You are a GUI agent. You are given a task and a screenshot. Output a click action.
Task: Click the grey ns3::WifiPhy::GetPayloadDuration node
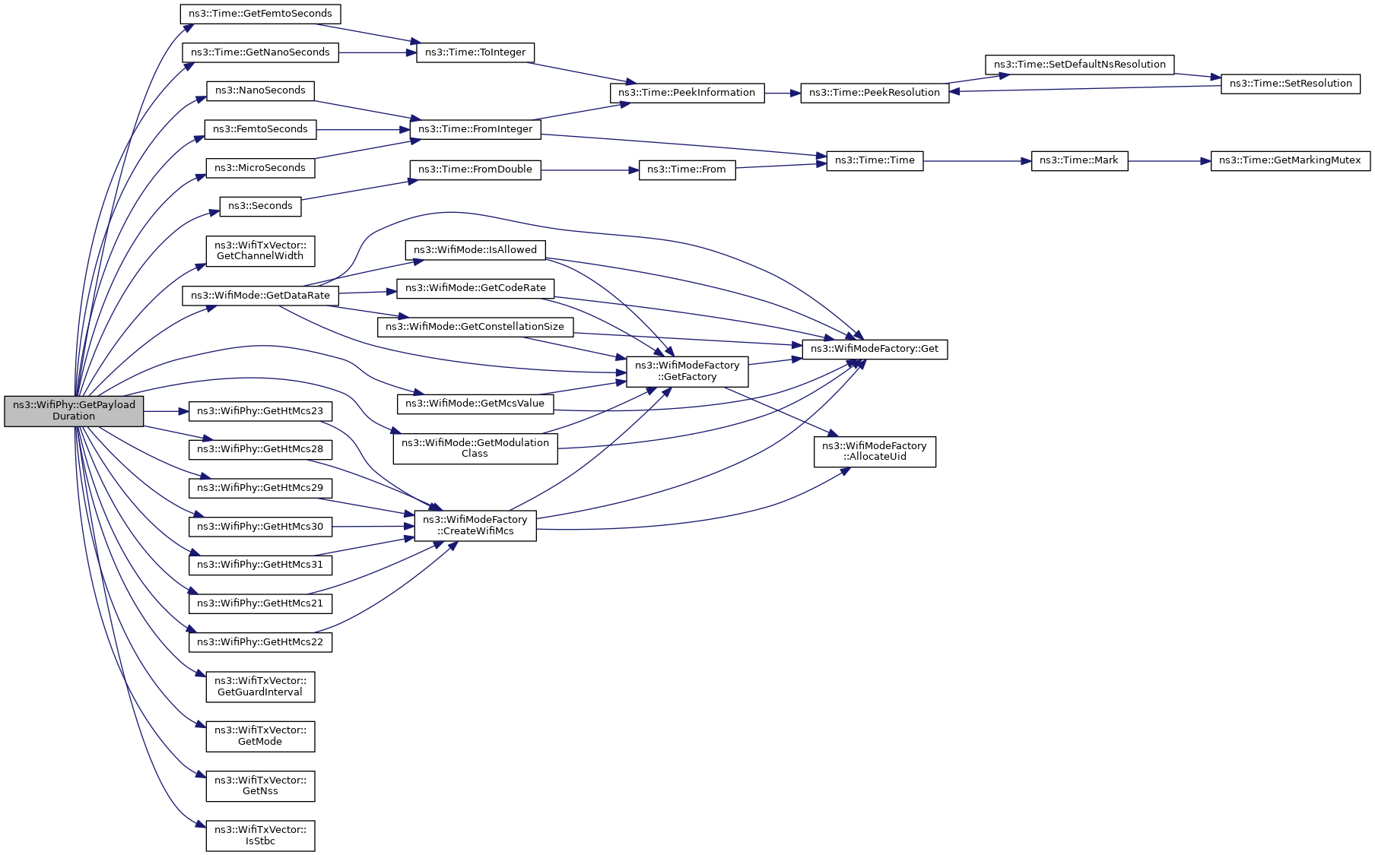[74, 410]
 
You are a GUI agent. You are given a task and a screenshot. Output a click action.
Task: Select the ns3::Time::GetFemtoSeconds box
[260, 14]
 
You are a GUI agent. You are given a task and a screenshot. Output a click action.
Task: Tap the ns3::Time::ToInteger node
[475, 52]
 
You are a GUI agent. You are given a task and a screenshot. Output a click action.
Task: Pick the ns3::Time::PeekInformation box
[687, 93]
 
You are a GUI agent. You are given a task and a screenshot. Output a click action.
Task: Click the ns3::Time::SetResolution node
[1290, 84]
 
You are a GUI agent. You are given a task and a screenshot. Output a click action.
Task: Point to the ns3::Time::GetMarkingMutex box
[1290, 160]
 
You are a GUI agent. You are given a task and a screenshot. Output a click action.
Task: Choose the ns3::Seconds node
[260, 206]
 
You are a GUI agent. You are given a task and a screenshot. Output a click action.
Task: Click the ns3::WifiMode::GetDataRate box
[260, 296]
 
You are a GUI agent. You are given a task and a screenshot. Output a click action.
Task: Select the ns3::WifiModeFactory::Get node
[875, 349]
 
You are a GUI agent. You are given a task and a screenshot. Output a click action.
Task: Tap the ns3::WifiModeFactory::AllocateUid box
[875, 451]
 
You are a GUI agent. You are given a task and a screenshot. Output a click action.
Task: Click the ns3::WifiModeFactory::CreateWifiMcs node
[475, 525]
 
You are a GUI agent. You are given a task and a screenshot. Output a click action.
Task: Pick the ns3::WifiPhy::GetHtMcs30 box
[260, 526]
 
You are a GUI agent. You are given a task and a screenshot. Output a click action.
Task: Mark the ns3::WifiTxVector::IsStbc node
[260, 835]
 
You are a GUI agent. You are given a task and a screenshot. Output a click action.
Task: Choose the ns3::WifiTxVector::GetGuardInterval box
[260, 686]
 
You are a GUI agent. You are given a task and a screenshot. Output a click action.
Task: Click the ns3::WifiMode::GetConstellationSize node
[475, 327]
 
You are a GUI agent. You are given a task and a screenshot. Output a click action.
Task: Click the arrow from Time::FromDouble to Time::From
[590, 170]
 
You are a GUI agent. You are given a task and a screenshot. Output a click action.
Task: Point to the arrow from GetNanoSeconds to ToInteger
[377, 52]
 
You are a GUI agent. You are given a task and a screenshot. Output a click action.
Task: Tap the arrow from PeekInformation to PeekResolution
[783, 93]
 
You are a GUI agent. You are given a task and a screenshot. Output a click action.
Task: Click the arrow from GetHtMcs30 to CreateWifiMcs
[373, 526]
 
